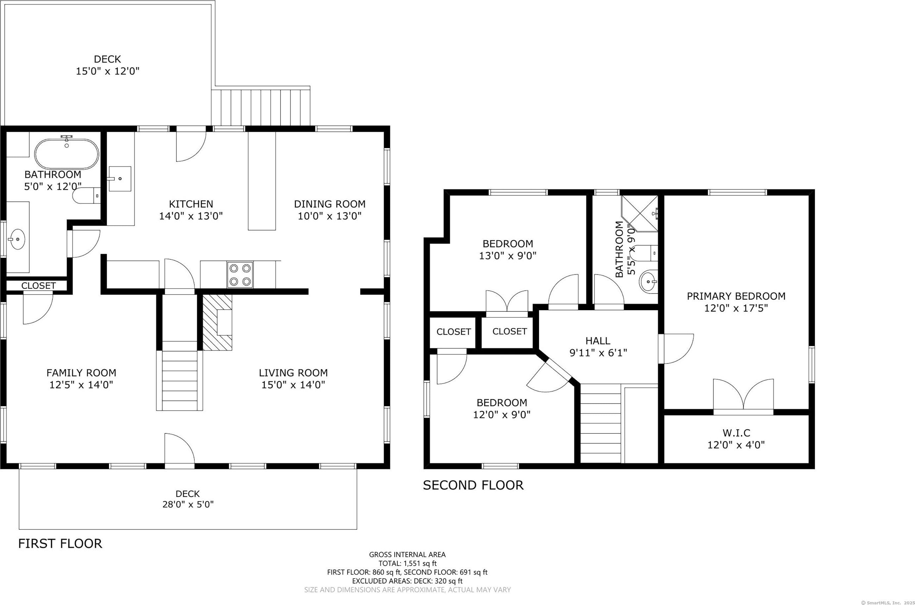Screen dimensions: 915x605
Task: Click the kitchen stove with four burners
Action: [x=240, y=275]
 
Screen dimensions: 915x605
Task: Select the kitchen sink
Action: [x=120, y=179]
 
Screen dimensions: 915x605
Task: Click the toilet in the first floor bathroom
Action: [x=87, y=195]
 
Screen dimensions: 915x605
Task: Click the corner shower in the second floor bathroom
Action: [x=640, y=213]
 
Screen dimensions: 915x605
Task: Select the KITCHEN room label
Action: [x=191, y=204]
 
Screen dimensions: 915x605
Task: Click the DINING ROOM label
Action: [x=330, y=204]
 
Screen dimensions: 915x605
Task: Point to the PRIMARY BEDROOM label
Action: [x=736, y=296]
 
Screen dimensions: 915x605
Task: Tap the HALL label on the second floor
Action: [x=598, y=341]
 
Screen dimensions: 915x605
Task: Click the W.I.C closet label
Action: [x=736, y=433]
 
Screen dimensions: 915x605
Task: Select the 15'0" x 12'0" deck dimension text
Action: [x=107, y=71]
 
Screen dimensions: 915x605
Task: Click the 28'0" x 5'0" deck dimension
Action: [x=188, y=504]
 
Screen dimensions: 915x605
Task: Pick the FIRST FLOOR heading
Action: [x=60, y=544]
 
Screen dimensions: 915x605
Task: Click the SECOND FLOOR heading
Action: [x=473, y=485]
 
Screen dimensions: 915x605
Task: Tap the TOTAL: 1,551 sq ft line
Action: [x=407, y=563]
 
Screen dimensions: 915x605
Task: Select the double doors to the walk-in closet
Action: [x=743, y=396]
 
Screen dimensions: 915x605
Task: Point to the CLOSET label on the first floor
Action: [x=38, y=286]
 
